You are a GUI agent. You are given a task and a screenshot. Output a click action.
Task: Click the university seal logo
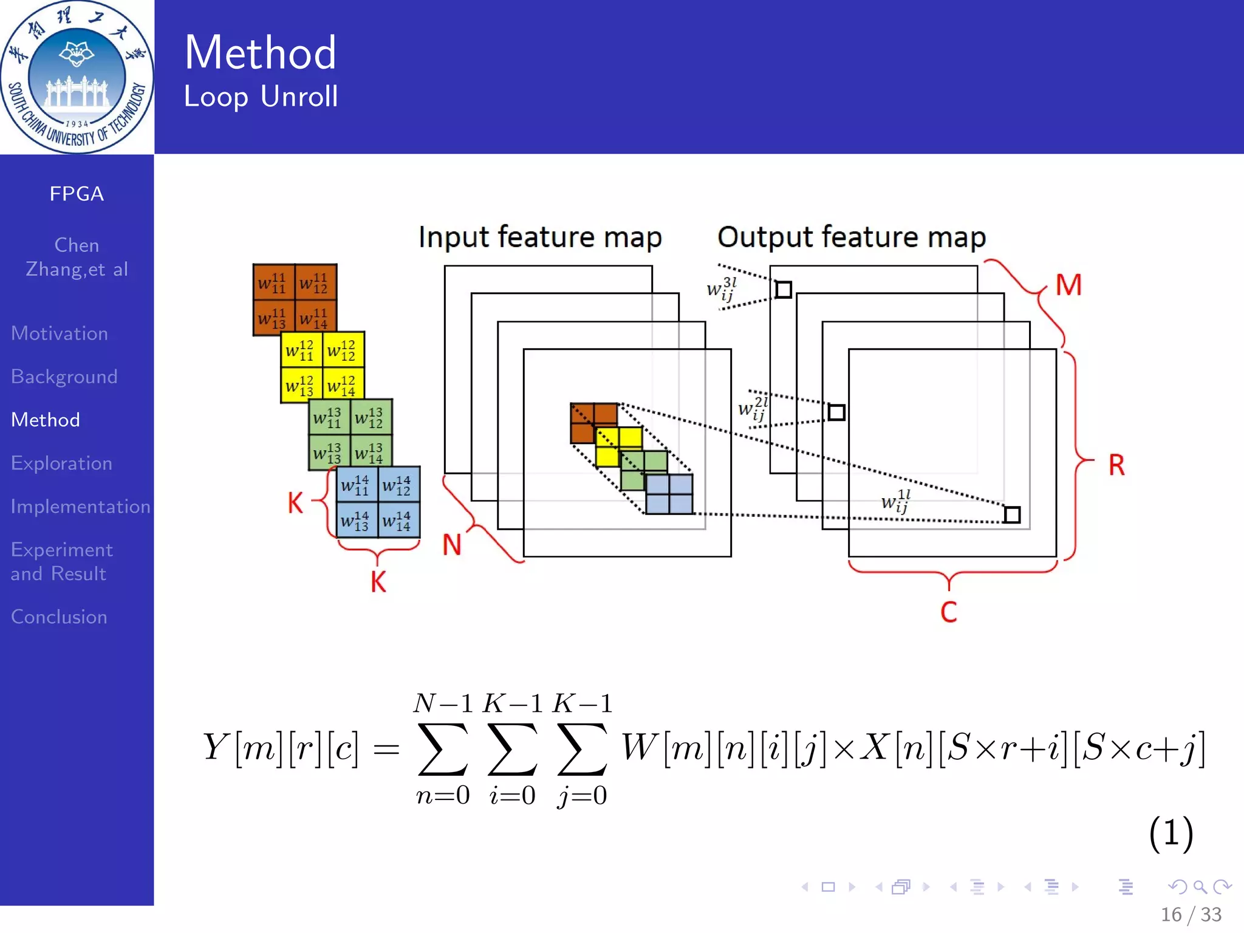coord(77,77)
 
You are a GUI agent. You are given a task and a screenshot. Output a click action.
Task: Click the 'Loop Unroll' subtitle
coord(261,97)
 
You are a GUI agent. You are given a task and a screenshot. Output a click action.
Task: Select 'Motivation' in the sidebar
coord(60,333)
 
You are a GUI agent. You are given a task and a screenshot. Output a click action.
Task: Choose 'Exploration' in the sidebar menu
coord(61,463)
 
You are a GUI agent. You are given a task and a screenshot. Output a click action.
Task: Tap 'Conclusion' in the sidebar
coord(59,617)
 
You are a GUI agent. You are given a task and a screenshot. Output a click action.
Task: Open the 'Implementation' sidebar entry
coord(80,507)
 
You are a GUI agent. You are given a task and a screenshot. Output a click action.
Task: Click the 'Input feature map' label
coord(540,237)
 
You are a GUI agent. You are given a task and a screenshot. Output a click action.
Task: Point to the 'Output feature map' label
coord(852,237)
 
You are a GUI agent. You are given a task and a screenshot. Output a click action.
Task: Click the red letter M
coord(1068,285)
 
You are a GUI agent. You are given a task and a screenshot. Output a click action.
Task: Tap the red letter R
coord(1116,465)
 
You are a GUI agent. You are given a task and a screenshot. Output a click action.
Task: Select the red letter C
coord(949,612)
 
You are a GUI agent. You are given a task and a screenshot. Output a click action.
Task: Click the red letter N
coord(451,545)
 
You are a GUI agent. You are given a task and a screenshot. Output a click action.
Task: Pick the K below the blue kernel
coord(378,582)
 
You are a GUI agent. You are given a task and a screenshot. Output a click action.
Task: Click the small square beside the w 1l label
coord(1012,515)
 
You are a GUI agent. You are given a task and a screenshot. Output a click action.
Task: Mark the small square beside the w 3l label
coord(784,290)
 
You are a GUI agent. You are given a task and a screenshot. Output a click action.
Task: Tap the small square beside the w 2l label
coord(836,412)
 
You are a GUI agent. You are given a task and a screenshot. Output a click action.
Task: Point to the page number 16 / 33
coord(1191,914)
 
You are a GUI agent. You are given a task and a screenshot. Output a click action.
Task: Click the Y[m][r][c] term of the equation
coord(281,747)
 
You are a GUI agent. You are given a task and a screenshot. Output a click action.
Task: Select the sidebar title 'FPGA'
coord(77,194)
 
